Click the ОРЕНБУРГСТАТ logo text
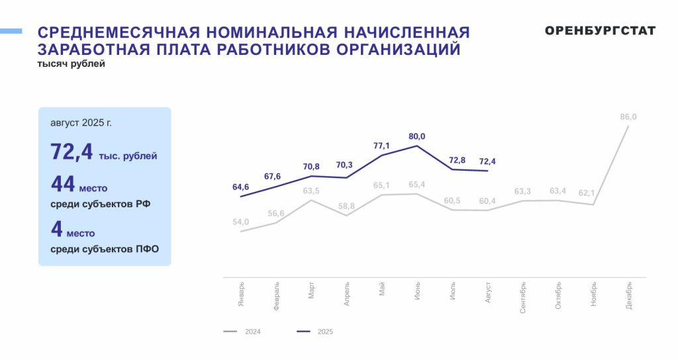[x=601, y=31]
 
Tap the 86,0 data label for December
[x=628, y=117]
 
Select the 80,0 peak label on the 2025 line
[x=416, y=136]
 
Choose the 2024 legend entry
[x=244, y=332]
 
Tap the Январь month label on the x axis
[x=242, y=293]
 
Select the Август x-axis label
[x=488, y=292]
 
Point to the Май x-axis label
[x=382, y=289]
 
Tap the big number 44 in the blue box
[x=62, y=185]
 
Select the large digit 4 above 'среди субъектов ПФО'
[x=56, y=230]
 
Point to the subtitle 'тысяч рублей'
[x=72, y=64]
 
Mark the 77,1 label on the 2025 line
[x=381, y=145]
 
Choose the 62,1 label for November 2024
[x=593, y=194]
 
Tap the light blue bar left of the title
[x=11, y=31]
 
